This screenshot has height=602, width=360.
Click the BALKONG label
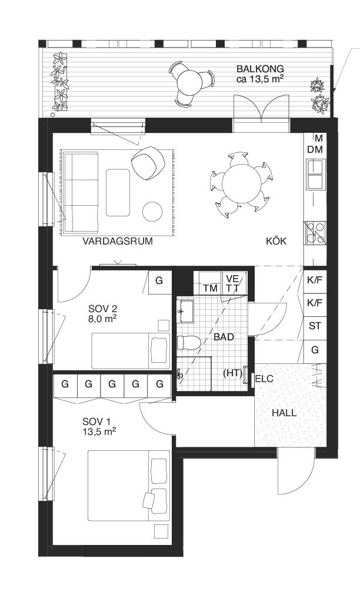click(x=260, y=68)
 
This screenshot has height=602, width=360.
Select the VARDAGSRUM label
click(x=118, y=241)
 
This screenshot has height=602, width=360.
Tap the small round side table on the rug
click(x=153, y=212)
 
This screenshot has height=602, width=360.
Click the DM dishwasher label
click(x=315, y=150)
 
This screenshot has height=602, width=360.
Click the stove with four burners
click(x=315, y=232)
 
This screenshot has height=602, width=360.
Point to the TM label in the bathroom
click(x=209, y=288)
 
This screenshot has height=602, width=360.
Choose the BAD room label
click(x=224, y=337)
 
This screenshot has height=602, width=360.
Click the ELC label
click(x=264, y=379)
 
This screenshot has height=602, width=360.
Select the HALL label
click(x=284, y=413)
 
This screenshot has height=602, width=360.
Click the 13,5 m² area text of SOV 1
click(x=99, y=431)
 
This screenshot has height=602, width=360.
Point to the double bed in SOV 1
click(x=128, y=486)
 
